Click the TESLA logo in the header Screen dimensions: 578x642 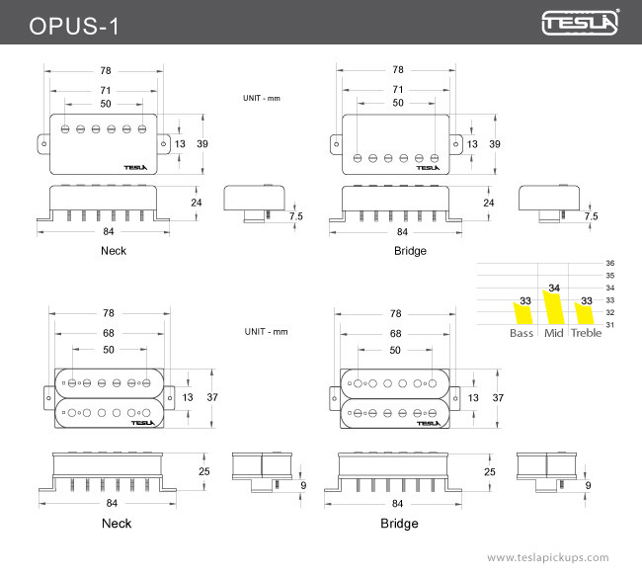coord(581,22)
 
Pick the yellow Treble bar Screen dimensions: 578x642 coord(584,315)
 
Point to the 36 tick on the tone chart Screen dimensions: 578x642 coord(609,263)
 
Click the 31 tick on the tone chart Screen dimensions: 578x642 coord(609,325)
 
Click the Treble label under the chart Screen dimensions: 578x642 coord(586,333)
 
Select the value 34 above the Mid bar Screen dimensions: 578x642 coord(554,288)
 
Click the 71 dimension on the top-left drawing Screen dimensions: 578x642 coord(104,90)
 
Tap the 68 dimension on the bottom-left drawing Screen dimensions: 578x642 coord(108,334)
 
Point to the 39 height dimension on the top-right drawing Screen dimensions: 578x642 coord(494,144)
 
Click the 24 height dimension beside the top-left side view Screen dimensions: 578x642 coord(197,203)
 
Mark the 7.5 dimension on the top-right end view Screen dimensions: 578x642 coord(591,215)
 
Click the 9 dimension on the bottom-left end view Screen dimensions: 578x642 coord(302,485)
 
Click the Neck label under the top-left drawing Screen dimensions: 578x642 coord(114,251)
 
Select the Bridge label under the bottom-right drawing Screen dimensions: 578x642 coord(399,524)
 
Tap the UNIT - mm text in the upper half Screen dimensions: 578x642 coord(264,98)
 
